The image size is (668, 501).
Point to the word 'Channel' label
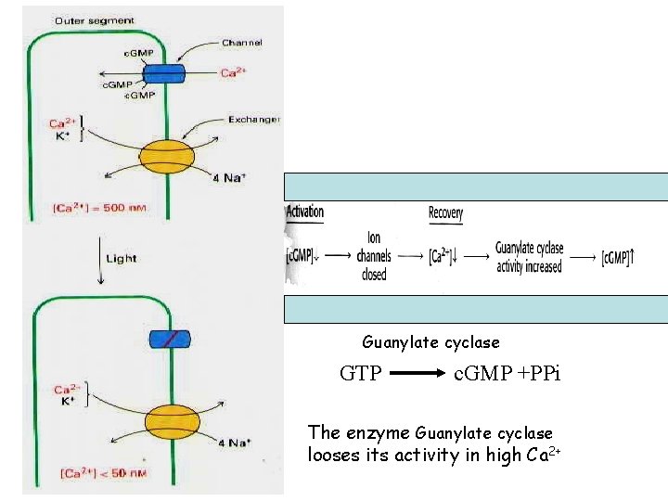tap(241, 43)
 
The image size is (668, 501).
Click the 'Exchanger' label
tap(254, 120)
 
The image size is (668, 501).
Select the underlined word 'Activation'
tap(305, 212)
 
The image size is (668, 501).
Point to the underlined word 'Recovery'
tap(445, 213)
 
